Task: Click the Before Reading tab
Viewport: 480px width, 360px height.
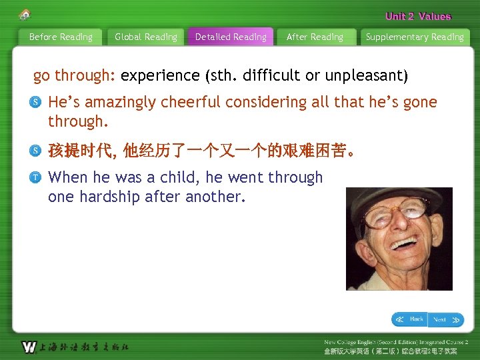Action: point(61,37)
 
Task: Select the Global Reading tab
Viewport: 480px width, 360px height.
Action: point(146,37)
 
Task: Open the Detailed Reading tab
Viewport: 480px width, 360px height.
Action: point(231,37)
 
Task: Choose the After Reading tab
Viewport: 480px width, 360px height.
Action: point(315,37)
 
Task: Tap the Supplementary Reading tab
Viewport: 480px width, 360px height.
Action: point(415,37)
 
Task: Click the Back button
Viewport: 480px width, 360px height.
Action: point(409,319)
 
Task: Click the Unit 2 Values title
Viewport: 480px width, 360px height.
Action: point(418,16)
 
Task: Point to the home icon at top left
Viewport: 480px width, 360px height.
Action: point(25,14)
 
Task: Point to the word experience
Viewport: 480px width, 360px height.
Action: point(160,75)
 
